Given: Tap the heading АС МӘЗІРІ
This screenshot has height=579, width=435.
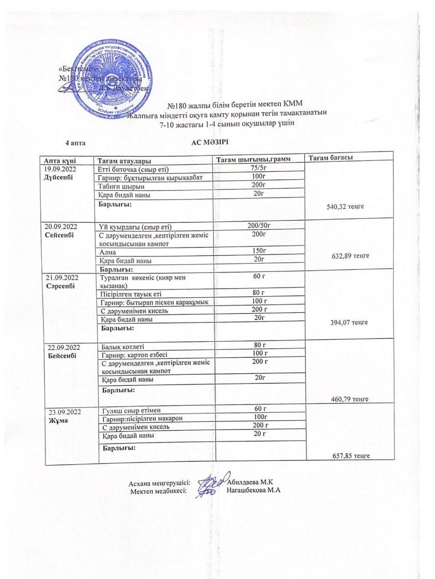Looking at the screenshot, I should click(x=210, y=142).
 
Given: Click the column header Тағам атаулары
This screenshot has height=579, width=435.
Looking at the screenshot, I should click(x=125, y=161).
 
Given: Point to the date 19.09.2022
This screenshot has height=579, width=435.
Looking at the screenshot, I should click(x=60, y=169).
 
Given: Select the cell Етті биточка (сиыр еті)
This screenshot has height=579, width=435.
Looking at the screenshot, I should click(x=134, y=170).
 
